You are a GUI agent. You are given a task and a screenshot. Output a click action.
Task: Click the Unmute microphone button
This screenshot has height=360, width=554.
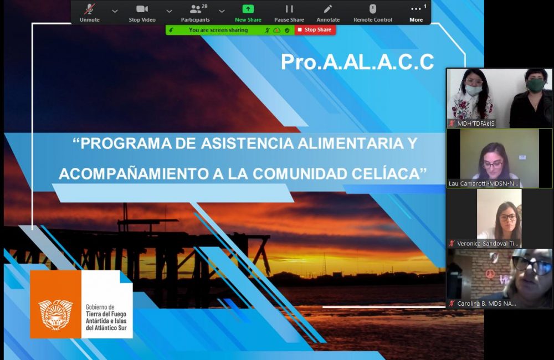coord(89,12)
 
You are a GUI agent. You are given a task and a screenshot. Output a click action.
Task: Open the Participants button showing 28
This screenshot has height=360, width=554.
coord(196,12)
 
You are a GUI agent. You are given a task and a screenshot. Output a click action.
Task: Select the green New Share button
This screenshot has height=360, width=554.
coord(248,12)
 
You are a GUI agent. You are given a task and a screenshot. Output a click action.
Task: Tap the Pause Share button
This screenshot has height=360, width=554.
coord(289,12)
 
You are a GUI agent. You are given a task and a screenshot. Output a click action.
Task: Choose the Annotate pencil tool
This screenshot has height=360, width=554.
coord(328,12)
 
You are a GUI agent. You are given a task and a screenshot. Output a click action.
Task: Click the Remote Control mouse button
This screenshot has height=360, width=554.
coord(373,12)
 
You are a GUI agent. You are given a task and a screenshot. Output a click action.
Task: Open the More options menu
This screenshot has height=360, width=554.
coord(416,12)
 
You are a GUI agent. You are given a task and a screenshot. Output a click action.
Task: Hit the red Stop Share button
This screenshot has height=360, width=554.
coord(315,30)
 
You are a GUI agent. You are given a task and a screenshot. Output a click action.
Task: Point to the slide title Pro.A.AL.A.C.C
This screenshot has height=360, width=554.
coord(357,62)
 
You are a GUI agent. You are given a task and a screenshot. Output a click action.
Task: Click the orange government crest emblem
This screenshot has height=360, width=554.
coord(55,314)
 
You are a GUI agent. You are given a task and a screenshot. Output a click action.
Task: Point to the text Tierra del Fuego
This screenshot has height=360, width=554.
coord(106,314)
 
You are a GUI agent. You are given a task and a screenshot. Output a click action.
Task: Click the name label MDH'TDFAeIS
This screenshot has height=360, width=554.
coord(475,124)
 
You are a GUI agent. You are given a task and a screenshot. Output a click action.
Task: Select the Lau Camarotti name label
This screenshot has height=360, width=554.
coord(483,183)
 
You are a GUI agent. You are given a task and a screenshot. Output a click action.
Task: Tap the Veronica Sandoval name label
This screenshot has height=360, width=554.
coord(488,243)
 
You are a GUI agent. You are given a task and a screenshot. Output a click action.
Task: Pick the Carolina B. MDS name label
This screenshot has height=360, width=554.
coord(486,304)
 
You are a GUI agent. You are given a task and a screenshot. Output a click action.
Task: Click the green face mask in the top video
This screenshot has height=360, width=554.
coord(536,86)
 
